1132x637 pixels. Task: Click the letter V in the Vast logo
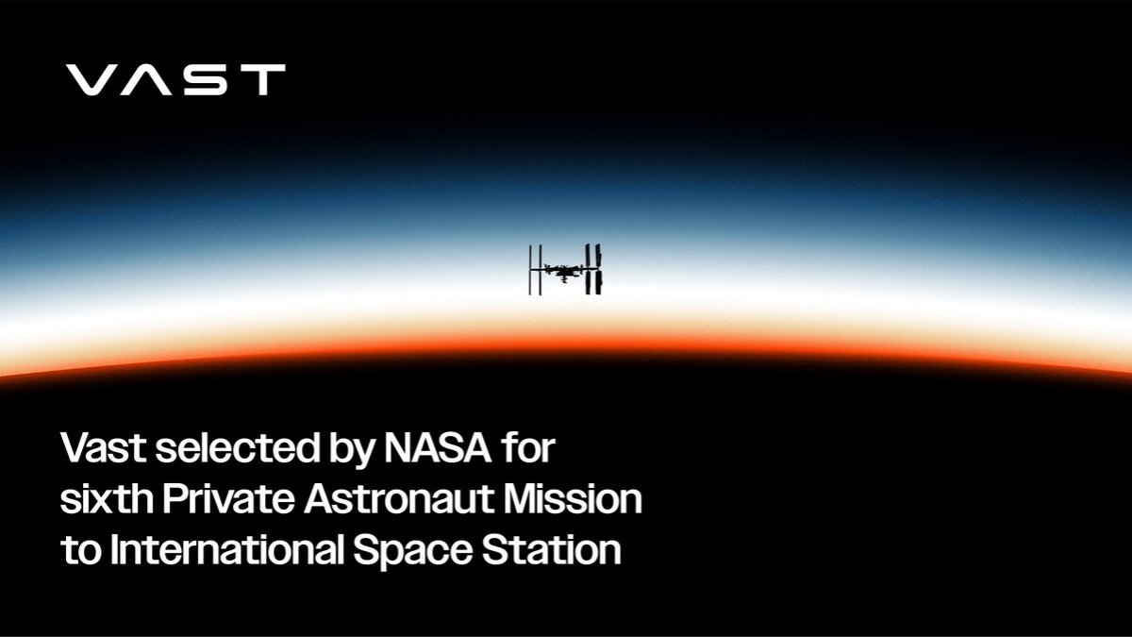pyautogui.click(x=92, y=80)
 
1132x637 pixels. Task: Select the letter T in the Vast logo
pyautogui.click(x=259, y=80)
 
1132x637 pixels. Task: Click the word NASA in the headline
pyautogui.click(x=436, y=448)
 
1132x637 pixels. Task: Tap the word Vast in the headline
pyautogui.click(x=100, y=448)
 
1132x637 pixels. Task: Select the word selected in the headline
pyautogui.click(x=225, y=448)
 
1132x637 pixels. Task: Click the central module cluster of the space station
pyautogui.click(x=564, y=271)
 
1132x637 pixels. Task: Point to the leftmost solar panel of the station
pyautogui.click(x=531, y=270)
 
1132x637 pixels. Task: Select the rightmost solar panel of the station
pyautogui.click(x=599, y=269)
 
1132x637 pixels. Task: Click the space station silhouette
pyautogui.click(x=565, y=270)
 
